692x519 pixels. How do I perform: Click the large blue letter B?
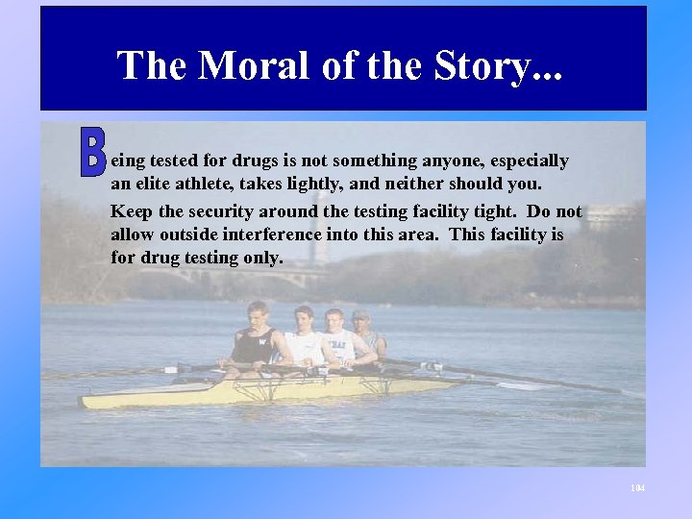point(92,154)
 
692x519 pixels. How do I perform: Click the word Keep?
point(131,212)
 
